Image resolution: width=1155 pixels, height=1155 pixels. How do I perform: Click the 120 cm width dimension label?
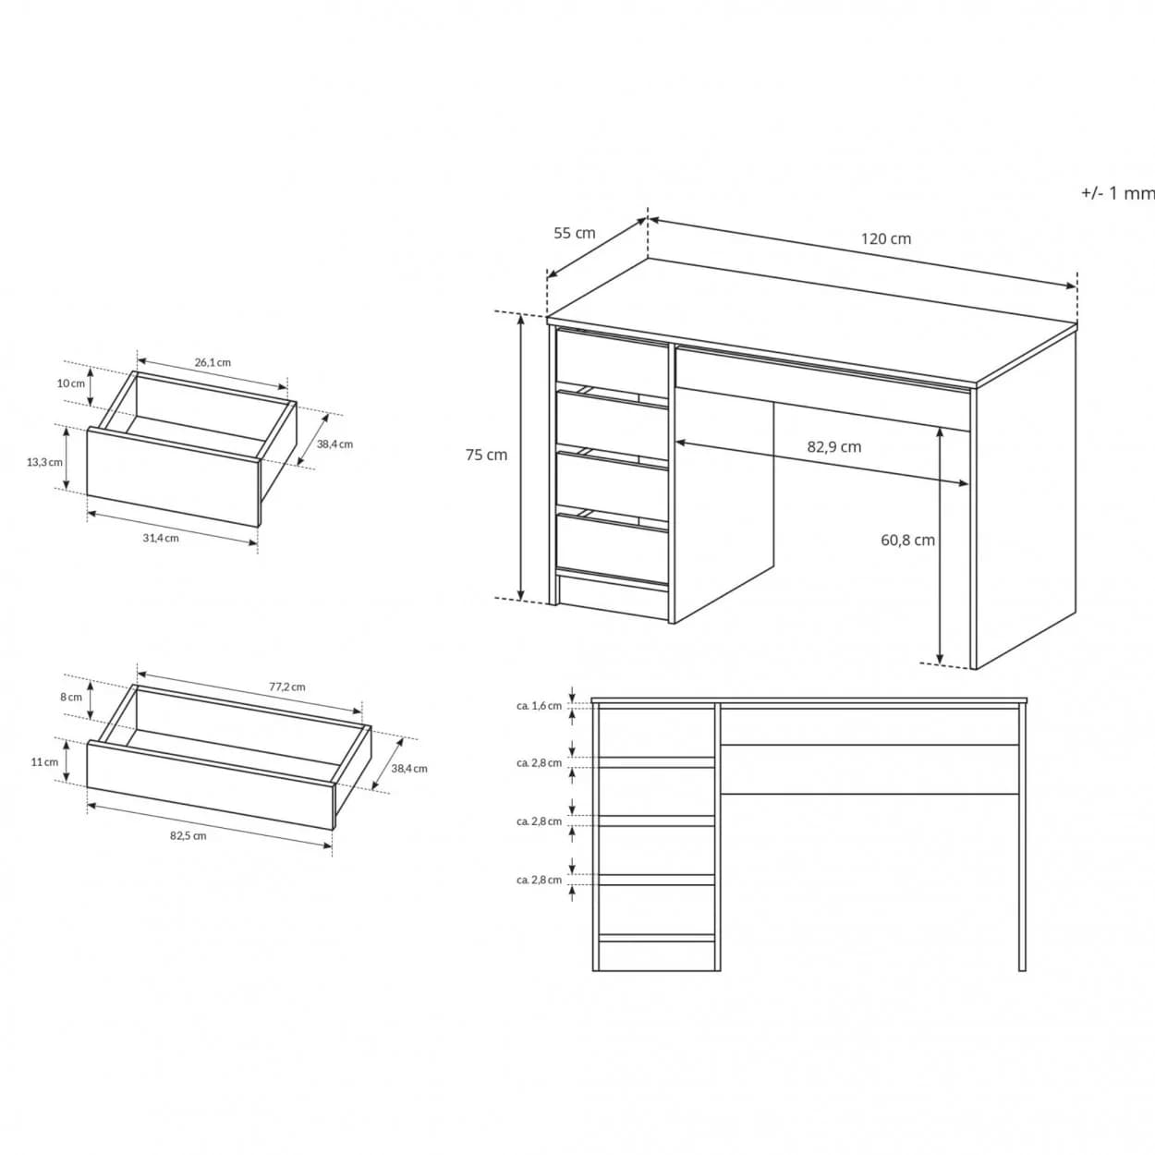pos(886,238)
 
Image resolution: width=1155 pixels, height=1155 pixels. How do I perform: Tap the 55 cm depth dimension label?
pos(574,233)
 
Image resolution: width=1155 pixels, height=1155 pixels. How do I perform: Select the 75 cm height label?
pos(486,455)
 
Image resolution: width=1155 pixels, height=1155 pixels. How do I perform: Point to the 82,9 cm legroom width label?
pos(833,446)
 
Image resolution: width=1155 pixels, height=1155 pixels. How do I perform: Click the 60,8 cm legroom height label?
pos(907,540)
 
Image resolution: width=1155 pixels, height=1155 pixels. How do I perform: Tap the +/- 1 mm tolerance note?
pos(1118,193)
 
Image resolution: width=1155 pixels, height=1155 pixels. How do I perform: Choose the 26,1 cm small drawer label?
pos(213,362)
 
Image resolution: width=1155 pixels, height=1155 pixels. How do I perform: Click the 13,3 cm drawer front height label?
pos(44,462)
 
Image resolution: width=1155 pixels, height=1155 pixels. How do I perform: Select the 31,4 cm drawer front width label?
pos(161,538)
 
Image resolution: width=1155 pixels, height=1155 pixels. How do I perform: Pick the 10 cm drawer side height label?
pos(71,383)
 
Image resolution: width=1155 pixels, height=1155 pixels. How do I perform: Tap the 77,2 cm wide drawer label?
pos(287,687)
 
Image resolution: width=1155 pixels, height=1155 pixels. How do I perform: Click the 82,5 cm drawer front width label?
pos(188,835)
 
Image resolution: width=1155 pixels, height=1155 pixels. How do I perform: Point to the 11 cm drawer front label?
pos(44,761)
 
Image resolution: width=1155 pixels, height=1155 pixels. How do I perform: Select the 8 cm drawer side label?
pos(71,697)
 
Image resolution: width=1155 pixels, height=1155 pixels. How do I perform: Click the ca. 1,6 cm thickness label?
pos(539,705)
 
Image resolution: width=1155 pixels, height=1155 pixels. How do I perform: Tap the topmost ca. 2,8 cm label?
pos(539,762)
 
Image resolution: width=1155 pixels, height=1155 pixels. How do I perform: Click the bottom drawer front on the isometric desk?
pos(612,546)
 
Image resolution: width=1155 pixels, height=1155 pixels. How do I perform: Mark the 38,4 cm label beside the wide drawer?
pos(409,769)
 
